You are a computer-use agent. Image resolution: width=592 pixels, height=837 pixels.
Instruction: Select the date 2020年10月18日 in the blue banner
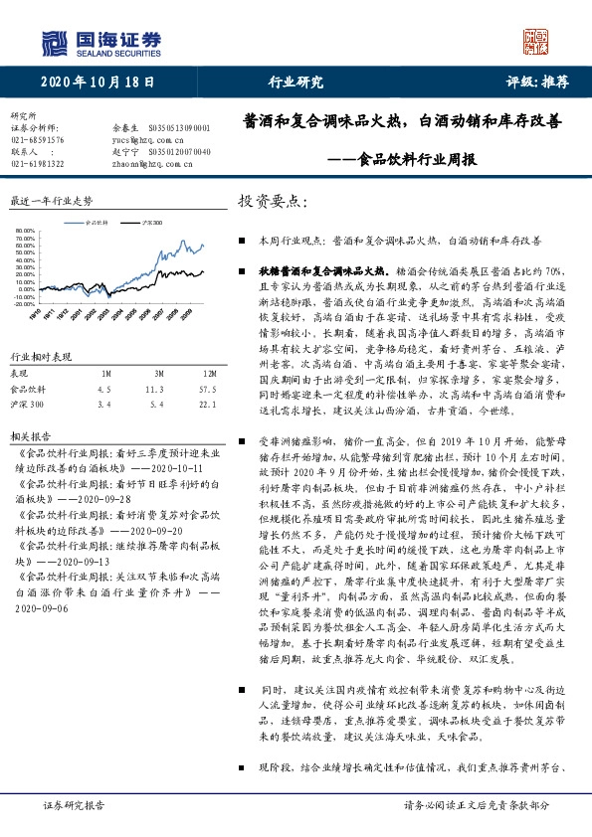tap(99, 84)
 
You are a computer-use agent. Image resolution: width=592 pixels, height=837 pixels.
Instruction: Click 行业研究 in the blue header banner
tap(296, 84)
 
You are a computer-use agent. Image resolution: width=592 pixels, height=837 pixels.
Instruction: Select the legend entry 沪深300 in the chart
tap(151, 223)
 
